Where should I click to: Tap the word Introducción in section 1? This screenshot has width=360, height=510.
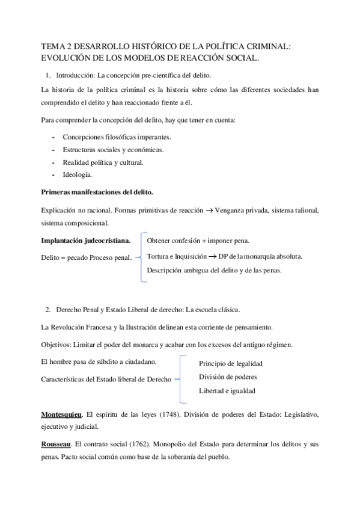pyautogui.click(x=75, y=75)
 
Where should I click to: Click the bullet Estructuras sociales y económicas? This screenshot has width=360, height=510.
pyautogui.click(x=112, y=149)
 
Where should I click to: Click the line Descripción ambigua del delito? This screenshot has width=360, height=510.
pyautogui.click(x=214, y=271)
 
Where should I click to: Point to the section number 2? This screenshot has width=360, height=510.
pyautogui.click(x=48, y=310)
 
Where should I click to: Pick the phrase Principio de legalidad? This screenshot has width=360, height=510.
pyautogui.click(x=230, y=364)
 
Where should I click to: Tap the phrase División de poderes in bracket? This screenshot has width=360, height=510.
pyautogui.click(x=228, y=376)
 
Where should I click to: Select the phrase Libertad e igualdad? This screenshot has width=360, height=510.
pyautogui.click(x=227, y=390)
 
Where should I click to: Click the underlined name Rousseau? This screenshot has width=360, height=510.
pyautogui.click(x=56, y=444)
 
